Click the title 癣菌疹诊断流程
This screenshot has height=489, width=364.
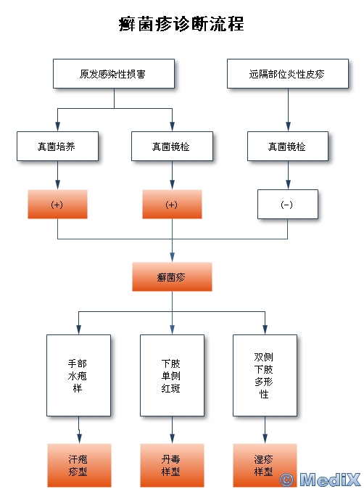point(181,24)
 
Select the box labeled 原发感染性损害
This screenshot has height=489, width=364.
point(114,73)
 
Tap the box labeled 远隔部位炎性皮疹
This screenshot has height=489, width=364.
point(288,73)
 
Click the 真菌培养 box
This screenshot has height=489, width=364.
point(58,147)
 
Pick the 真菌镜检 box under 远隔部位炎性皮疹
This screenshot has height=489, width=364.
point(288,147)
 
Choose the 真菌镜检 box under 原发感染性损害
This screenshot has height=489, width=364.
point(172,147)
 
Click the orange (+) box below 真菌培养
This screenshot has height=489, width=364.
point(58,205)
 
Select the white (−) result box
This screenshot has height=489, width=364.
point(288,205)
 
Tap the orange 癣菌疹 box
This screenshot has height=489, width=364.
point(172,277)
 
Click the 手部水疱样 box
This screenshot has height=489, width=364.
point(78,376)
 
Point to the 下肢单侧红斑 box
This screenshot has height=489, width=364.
point(172,376)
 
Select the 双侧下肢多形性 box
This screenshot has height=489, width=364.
point(265,376)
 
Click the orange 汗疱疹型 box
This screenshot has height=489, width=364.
point(79,465)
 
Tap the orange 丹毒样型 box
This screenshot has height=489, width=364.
point(172,465)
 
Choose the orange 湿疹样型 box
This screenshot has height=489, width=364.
point(265,465)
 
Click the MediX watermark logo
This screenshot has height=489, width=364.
point(320,480)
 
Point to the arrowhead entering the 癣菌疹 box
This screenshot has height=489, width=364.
point(172,258)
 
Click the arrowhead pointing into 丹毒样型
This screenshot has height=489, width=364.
point(172,438)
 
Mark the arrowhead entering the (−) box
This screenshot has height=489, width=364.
point(288,184)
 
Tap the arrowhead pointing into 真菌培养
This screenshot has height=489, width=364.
point(58,126)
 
